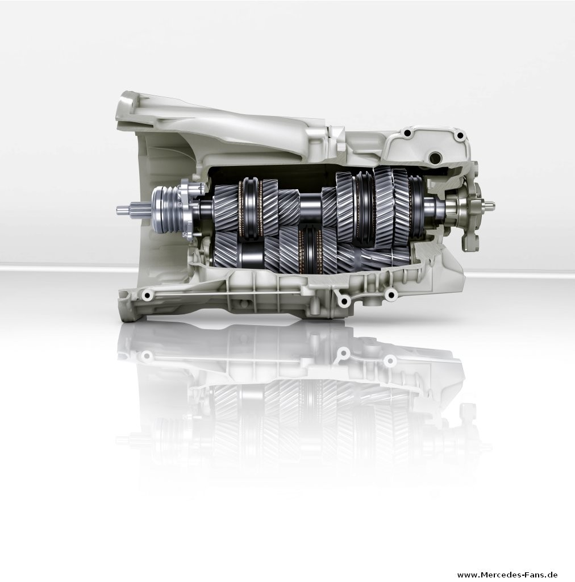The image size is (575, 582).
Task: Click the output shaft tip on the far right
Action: pyautogui.click(x=489, y=204)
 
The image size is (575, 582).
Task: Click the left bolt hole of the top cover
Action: pyautogui.click(x=408, y=132)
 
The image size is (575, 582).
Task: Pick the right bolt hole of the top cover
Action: pyautogui.click(x=460, y=135)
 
